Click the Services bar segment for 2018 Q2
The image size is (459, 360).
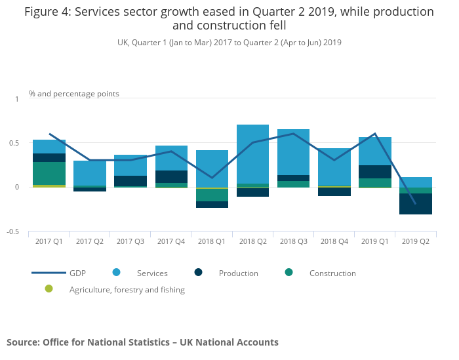click(252, 154)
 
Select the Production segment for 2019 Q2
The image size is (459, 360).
click(416, 203)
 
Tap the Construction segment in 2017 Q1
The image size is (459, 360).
click(49, 173)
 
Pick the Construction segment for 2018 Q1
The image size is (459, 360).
click(212, 195)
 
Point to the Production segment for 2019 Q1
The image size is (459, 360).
click(375, 172)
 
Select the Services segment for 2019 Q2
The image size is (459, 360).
click(416, 182)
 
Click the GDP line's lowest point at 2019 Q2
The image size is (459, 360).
click(416, 204)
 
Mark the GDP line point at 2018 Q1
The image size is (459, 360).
click(212, 178)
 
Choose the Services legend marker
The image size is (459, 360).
click(116, 273)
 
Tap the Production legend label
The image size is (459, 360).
click(239, 273)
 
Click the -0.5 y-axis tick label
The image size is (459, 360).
click(14, 232)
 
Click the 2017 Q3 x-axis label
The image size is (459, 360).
click(130, 241)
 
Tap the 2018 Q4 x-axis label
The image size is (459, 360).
click(334, 241)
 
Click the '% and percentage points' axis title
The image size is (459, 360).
click(74, 94)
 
